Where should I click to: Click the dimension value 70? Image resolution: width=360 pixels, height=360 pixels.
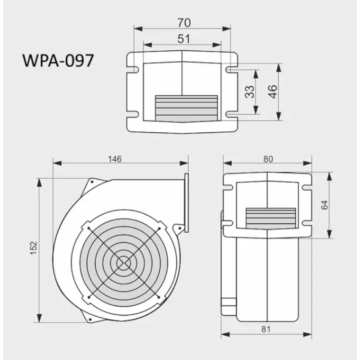[183, 22]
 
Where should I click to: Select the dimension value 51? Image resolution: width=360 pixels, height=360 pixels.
[183, 39]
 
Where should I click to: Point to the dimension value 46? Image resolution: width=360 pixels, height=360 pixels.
[271, 92]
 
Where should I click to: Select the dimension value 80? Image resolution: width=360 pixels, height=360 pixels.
[268, 159]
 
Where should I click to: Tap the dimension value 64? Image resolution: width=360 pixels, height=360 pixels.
[325, 204]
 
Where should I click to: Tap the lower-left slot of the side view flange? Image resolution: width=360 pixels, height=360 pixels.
[227, 223]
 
